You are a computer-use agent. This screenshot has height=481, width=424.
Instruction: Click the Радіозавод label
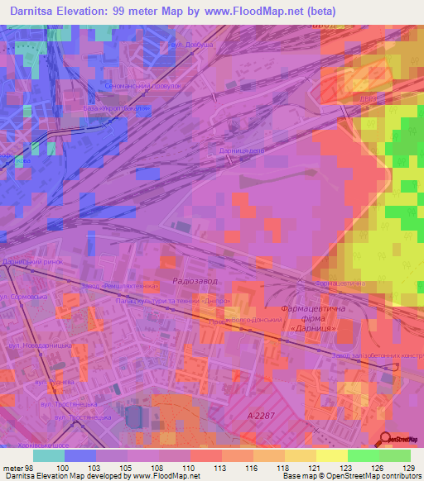(195, 281)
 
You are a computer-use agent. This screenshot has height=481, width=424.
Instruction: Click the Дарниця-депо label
(242, 152)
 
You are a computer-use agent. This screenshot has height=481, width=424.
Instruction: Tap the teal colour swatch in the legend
(49, 455)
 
